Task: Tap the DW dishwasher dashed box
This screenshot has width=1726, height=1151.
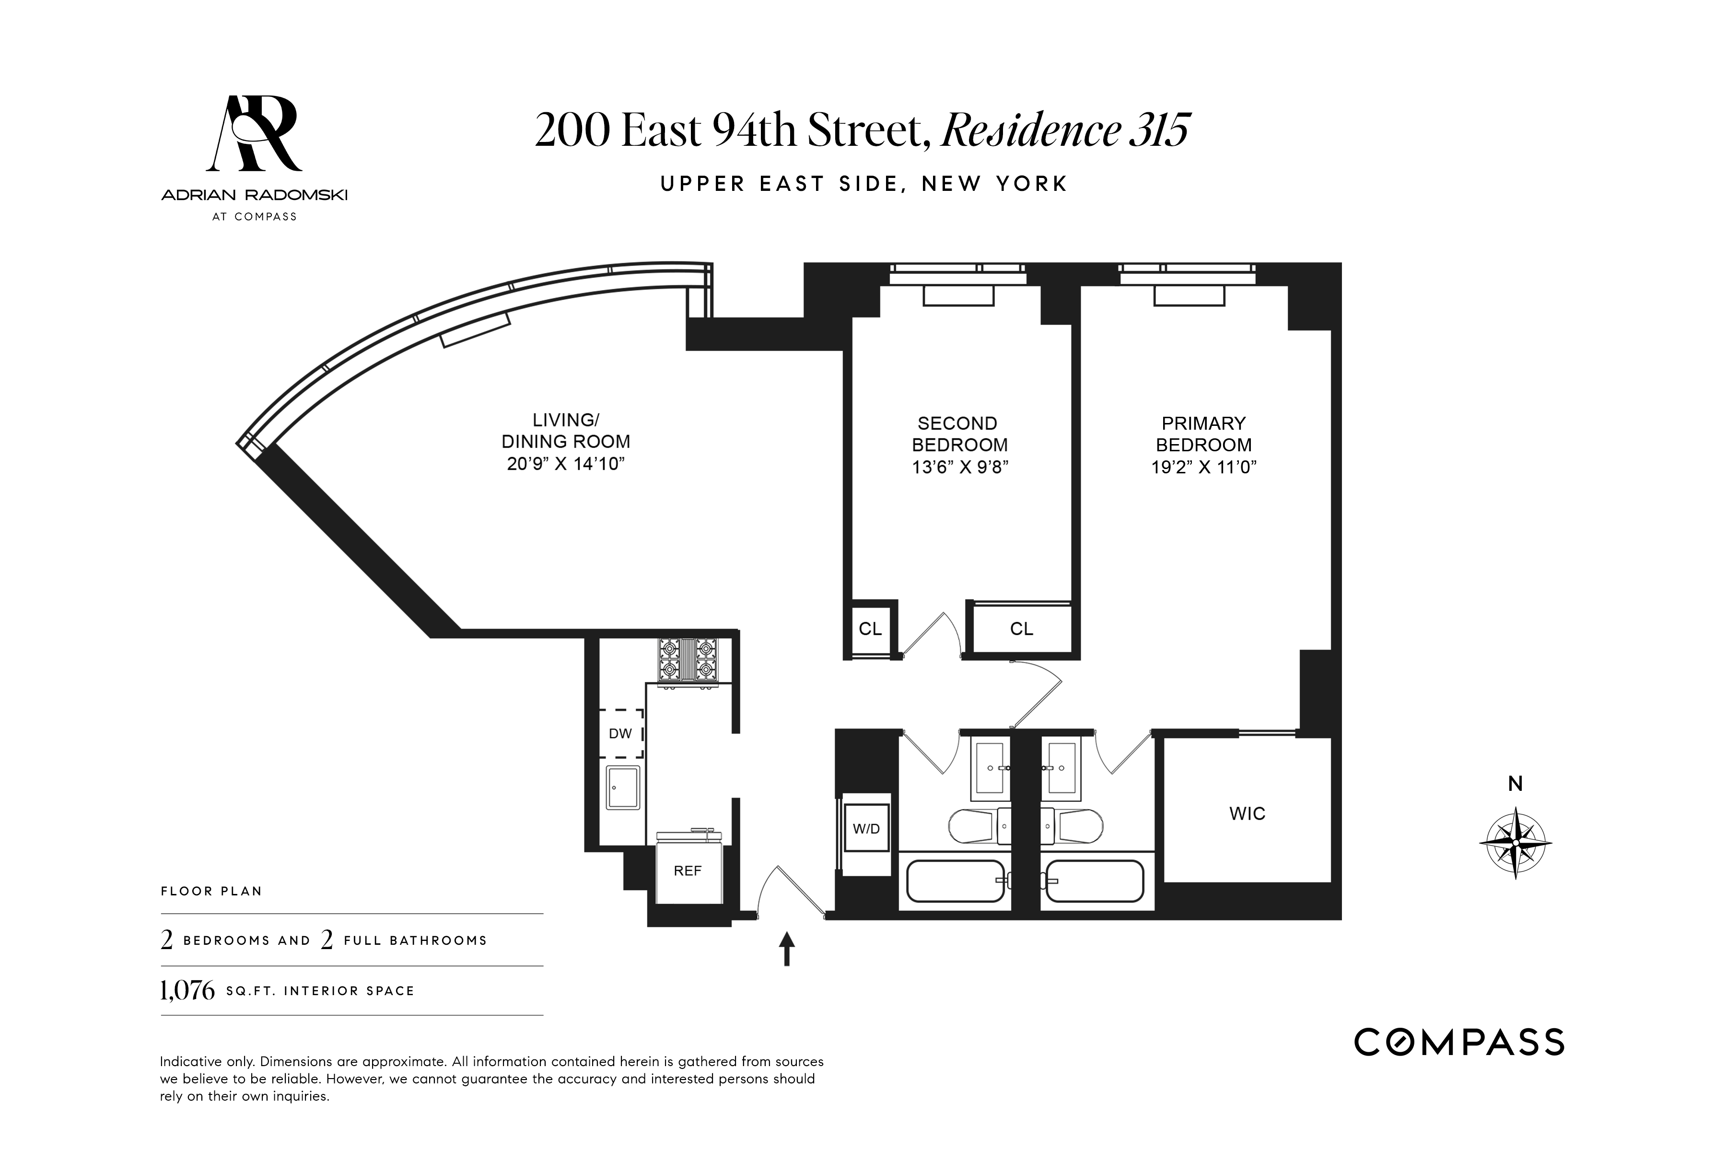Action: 621,733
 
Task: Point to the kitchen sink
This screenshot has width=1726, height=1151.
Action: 622,787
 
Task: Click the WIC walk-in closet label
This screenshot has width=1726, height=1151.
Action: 1248,813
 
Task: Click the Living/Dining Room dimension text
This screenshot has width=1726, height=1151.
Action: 565,464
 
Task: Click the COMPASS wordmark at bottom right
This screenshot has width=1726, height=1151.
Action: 1459,1042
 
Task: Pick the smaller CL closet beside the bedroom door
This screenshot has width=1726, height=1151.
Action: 870,629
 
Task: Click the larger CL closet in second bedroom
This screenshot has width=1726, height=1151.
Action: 1022,629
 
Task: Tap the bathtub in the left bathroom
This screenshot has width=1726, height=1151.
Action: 955,881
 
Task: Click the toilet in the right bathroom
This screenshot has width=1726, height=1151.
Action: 1073,826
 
